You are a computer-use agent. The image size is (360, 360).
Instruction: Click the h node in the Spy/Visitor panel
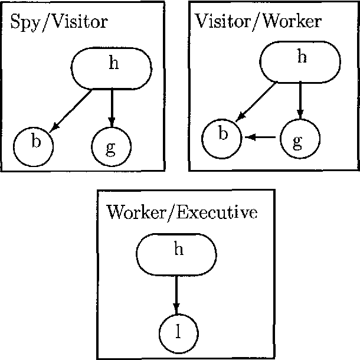coord(112,69)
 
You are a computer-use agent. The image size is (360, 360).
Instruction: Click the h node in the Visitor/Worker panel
coord(301,61)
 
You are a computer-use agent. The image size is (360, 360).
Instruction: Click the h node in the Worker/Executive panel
coord(177,254)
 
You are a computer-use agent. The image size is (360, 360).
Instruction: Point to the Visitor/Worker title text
coord(258,22)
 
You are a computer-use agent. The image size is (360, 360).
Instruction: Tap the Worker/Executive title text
coord(181,213)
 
